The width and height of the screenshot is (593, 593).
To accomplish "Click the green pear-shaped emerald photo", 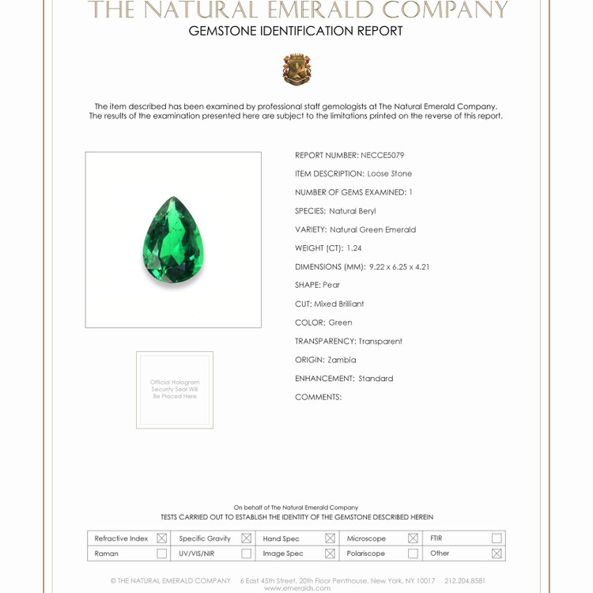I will pyautogui.click(x=173, y=240).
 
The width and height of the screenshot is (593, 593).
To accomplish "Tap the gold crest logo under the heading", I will pyautogui.click(x=296, y=70).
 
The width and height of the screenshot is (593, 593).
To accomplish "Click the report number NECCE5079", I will pyautogui.click(x=382, y=155).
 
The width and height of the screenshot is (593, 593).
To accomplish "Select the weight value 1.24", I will pyautogui.click(x=354, y=248).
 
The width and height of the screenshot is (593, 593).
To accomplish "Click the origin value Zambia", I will pyautogui.click(x=342, y=360).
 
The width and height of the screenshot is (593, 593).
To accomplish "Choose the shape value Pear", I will pyautogui.click(x=331, y=285).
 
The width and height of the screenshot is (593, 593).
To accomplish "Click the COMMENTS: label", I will pyautogui.click(x=318, y=397).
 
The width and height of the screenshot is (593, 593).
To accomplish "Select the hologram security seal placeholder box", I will pyautogui.click(x=175, y=390).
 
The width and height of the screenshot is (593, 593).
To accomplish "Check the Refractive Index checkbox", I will pyautogui.click(x=162, y=538).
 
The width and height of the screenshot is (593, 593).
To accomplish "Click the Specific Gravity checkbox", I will pyautogui.click(x=246, y=538).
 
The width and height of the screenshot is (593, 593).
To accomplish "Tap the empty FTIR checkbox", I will pyautogui.click(x=497, y=538).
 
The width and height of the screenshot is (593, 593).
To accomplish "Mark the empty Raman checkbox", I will pyautogui.click(x=162, y=553).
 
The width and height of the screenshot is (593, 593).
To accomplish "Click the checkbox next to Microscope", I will pyautogui.click(x=413, y=538).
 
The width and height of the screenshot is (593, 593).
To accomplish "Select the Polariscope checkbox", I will pyautogui.click(x=413, y=553).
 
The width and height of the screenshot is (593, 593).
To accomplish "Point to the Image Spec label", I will pyautogui.click(x=283, y=553).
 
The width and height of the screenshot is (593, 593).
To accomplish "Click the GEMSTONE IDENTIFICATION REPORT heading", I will pyautogui.click(x=296, y=32).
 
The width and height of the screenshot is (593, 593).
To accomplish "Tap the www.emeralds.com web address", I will pyautogui.click(x=296, y=588).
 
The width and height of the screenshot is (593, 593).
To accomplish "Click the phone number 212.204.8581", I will pyautogui.click(x=465, y=580).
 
